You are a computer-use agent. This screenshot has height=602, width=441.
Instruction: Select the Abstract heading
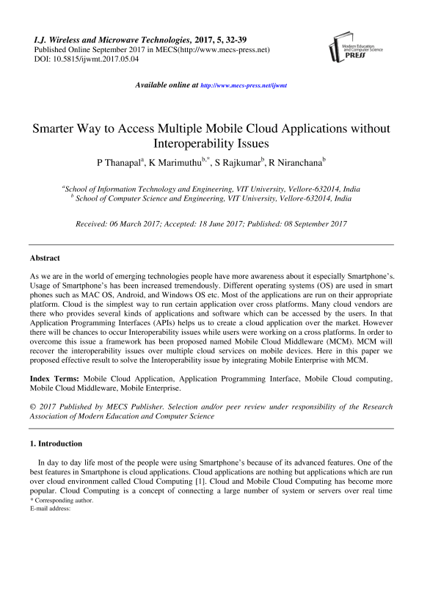coord(45,258)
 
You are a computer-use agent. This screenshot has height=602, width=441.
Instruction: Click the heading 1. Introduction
coord(56,444)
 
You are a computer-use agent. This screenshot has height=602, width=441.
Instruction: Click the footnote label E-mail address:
coord(50,508)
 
